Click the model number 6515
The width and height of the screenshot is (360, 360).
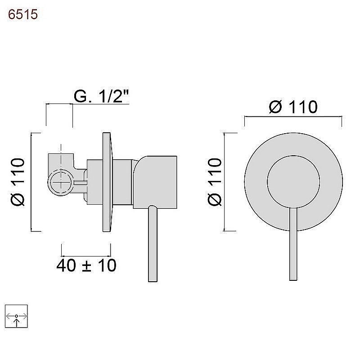point(23,14)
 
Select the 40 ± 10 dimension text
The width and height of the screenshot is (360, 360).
point(86,265)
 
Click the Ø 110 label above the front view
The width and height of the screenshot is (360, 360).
point(293,107)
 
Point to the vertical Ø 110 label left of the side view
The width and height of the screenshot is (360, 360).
point(18,182)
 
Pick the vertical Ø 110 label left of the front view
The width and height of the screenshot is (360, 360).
point(215,182)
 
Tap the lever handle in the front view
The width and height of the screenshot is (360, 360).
point(293,244)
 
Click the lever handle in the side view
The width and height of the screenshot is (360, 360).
point(153,243)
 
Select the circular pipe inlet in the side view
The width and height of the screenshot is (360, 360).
point(61,182)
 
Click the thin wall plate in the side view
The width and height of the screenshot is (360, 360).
point(107,182)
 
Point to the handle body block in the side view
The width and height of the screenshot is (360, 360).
point(155,182)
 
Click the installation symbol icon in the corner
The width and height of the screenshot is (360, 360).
point(16,316)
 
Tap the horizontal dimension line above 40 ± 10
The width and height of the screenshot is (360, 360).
point(86,256)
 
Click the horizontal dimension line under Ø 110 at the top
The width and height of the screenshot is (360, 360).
point(293,117)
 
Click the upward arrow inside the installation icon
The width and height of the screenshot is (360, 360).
point(16,322)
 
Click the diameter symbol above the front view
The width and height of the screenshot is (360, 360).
point(275,107)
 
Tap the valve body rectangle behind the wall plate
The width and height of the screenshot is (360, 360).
point(94,182)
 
